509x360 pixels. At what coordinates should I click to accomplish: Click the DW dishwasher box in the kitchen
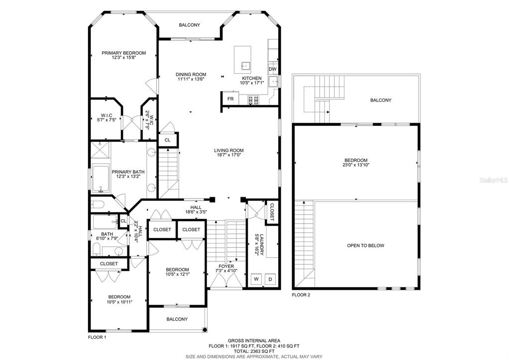click(273, 69)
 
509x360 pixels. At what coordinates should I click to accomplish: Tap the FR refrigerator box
click(230, 99)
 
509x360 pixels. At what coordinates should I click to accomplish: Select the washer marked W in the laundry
click(256, 279)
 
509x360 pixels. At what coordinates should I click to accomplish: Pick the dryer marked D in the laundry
click(270, 279)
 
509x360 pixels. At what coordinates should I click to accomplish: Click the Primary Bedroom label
click(124, 53)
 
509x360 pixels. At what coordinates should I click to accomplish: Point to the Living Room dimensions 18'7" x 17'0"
click(229, 155)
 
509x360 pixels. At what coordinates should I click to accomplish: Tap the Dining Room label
click(191, 74)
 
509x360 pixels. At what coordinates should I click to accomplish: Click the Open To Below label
click(366, 245)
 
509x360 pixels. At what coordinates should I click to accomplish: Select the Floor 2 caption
click(301, 295)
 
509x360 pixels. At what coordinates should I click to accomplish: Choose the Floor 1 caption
click(97, 337)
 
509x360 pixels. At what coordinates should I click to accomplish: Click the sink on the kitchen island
click(245, 66)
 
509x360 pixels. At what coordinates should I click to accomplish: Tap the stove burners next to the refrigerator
click(253, 100)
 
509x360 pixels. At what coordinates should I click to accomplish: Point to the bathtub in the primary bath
click(101, 179)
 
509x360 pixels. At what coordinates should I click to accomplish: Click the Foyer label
click(226, 266)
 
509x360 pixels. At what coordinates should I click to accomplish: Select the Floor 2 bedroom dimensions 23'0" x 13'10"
click(356, 165)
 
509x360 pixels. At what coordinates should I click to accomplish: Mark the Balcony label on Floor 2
click(381, 101)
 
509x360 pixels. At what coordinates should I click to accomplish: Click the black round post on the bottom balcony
click(205, 330)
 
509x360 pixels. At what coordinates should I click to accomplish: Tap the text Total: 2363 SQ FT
click(254, 351)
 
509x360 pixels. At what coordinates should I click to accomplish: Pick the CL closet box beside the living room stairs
click(168, 140)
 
